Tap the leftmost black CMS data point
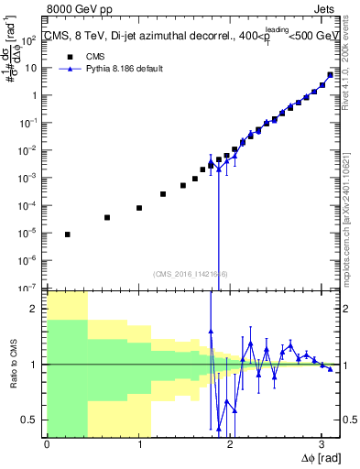pyautogui.click(x=67, y=234)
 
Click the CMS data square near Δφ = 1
pyautogui.click(x=139, y=208)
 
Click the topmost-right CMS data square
pyautogui.click(x=331, y=75)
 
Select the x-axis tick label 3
pyautogui.click(x=321, y=444)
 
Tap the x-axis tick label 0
pyautogui.click(x=47, y=444)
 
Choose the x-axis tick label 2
pyautogui.click(x=229, y=444)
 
